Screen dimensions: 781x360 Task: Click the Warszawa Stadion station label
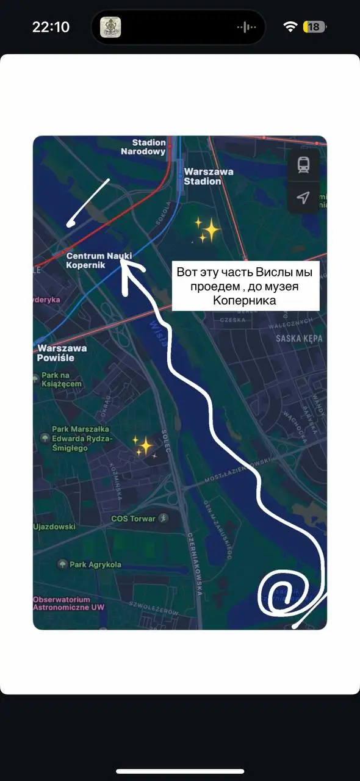tap(209, 176)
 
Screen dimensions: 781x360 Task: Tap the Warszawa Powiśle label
tap(62, 353)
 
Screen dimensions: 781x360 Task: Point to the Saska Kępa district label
tap(298, 338)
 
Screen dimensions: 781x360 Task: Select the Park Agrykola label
tap(95, 564)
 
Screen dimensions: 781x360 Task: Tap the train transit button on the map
tap(303, 165)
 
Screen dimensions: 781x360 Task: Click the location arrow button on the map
tap(303, 197)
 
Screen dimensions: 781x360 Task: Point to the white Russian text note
tap(245, 286)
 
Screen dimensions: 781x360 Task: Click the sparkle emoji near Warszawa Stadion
tap(207, 230)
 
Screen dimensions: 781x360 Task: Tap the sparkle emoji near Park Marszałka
tap(144, 447)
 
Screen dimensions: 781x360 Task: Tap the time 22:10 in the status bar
tap(51, 27)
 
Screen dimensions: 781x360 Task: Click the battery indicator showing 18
tap(314, 27)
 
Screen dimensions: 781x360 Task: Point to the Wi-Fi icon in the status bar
tap(290, 27)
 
